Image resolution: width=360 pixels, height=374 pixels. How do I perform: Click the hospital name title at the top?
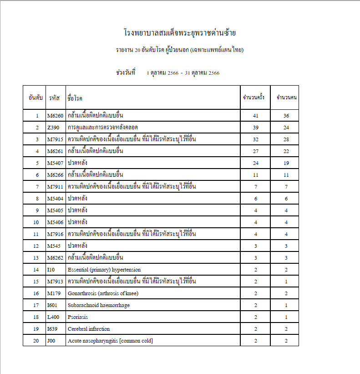pos(180,33)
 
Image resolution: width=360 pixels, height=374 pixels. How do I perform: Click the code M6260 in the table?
pos(56,116)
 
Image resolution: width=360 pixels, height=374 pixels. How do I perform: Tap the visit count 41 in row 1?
pos(255,116)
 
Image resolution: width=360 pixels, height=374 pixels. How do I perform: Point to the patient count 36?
pos(286,116)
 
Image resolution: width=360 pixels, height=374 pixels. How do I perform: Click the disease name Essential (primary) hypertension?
pos(104,270)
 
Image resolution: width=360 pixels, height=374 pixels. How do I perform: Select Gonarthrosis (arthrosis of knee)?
pos(103,293)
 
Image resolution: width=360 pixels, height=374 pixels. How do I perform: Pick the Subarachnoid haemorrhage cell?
pos(99,305)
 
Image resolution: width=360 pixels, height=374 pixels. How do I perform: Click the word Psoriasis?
pos(78,317)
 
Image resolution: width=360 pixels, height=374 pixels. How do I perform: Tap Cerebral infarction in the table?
pos(89,329)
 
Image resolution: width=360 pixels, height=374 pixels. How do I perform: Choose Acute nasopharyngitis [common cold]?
pos(110,341)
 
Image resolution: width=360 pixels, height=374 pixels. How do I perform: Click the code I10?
pos(51,270)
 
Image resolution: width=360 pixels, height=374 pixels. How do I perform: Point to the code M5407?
pos(56,163)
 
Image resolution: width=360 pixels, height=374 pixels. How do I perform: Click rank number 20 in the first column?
pos(36,341)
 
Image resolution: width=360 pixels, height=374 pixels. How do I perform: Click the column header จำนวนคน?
pos(286,97)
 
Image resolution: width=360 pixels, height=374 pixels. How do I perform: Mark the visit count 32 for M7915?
pos(255,139)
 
